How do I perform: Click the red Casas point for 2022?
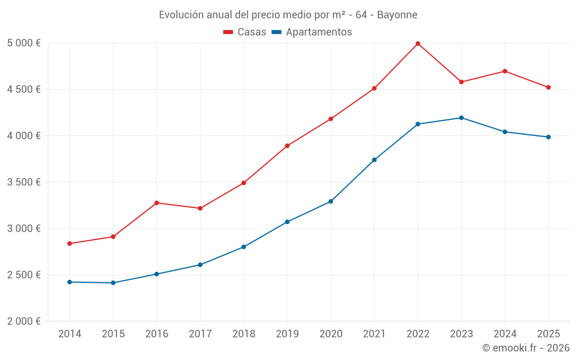pos(418,43)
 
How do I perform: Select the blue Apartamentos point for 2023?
pos(461,118)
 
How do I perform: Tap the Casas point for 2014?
pos(70,244)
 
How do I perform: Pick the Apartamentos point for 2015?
pos(113,283)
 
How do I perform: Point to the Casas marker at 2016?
pos(157,203)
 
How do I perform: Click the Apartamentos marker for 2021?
pos(374,160)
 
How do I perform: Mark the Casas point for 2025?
pos(548,88)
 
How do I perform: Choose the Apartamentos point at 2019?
pos(287,222)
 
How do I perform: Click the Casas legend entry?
pos(245,32)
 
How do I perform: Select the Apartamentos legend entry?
pos(312,32)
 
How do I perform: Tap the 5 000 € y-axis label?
pos(24,43)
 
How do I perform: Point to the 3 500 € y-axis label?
pos(24,182)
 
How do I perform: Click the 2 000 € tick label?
pos(24,321)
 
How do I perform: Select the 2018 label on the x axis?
pos(244,334)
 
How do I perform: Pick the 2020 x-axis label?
pos(331,334)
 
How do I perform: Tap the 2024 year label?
pos(505,334)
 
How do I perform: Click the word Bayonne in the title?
pos(397,14)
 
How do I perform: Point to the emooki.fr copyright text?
pos(526,348)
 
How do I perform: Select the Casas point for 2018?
pos(244,183)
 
